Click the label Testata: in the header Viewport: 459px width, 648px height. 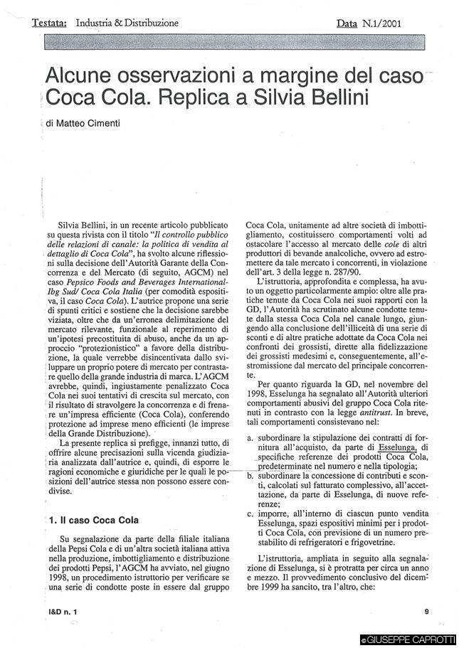pyautogui.click(x=50, y=23)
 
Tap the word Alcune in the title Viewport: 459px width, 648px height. pyautogui.click(x=78, y=76)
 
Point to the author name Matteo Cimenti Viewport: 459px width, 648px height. pyautogui.click(x=85, y=123)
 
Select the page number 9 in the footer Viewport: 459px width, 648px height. pyautogui.click(x=426, y=611)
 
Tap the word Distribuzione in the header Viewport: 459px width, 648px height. pyautogui.click(x=149, y=23)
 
